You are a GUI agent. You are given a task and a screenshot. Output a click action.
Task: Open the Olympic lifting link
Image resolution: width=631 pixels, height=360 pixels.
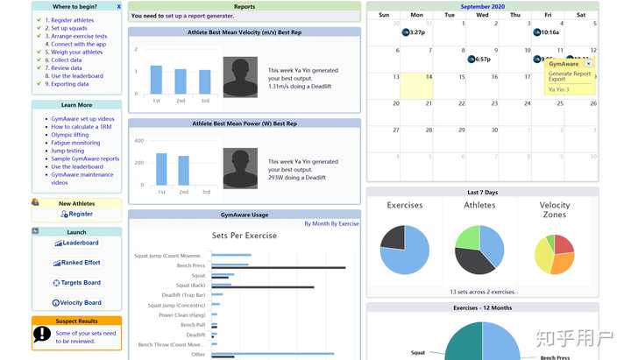[x=69, y=135]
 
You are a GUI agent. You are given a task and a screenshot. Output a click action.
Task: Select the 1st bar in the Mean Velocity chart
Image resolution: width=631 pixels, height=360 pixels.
[x=156, y=80]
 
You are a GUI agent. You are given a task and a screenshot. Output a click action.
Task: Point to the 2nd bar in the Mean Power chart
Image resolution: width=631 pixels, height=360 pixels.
[x=183, y=171]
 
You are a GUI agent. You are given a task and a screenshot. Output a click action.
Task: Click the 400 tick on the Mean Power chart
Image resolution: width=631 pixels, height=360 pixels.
[x=138, y=141]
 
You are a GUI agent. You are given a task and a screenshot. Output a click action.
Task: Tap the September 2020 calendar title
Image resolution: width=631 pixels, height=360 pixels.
[x=482, y=6]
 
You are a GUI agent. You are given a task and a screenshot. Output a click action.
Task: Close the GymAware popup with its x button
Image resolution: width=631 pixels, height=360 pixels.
[x=589, y=63]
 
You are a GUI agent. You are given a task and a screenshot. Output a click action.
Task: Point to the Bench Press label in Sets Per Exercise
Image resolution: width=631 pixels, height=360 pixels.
[x=190, y=265]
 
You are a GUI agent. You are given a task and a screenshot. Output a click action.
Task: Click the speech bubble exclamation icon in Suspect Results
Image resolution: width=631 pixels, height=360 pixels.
[x=42, y=333]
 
